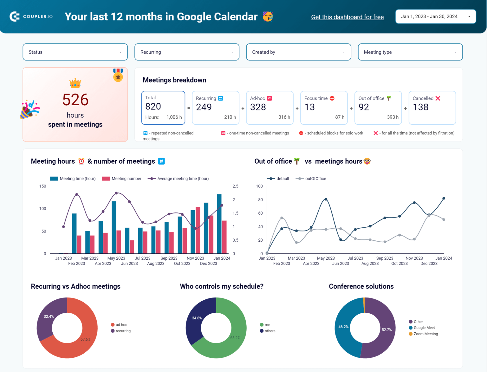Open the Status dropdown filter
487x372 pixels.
(x=75, y=52)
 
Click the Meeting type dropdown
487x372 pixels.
(x=410, y=52)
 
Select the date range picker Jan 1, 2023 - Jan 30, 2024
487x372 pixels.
(x=435, y=16)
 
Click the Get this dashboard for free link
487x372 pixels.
(x=347, y=17)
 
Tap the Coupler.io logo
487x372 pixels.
(x=31, y=16)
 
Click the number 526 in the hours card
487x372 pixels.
(x=75, y=100)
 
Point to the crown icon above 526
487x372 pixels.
(x=75, y=83)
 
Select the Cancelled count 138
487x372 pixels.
(x=420, y=107)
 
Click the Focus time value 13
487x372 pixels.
(x=309, y=107)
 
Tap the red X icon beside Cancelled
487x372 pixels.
(x=438, y=98)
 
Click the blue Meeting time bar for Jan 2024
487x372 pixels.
(x=219, y=224)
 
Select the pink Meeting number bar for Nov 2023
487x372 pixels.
(x=198, y=230)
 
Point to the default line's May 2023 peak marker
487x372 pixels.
(x=326, y=199)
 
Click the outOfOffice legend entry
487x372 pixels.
(x=315, y=179)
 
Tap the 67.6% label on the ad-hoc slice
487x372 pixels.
(x=85, y=339)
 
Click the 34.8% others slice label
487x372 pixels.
(x=197, y=318)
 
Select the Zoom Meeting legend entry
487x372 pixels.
(x=425, y=334)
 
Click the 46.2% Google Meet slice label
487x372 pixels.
(x=343, y=327)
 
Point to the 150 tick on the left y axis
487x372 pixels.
(x=42, y=186)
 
